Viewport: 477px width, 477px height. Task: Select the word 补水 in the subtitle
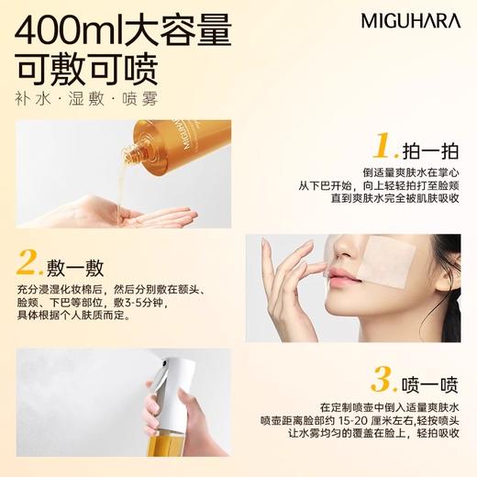click(30, 98)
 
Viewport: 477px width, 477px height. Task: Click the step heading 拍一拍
click(431, 148)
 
